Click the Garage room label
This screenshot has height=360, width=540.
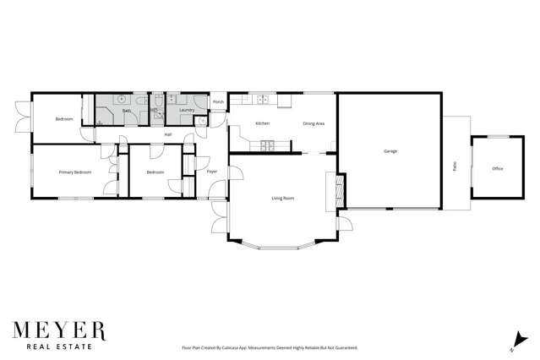tap(390, 151)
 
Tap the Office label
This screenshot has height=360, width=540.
tap(497, 169)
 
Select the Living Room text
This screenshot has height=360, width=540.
tap(282, 199)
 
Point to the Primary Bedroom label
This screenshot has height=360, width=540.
tap(74, 172)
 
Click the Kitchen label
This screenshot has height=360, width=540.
tap(262, 124)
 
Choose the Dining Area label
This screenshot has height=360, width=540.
tap(314, 124)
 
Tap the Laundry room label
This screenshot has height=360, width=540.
tap(187, 110)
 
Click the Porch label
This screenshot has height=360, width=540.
tap(218, 102)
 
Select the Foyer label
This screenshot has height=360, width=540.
tap(212, 172)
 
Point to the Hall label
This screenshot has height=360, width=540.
tap(167, 134)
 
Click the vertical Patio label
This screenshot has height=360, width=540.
tap(455, 166)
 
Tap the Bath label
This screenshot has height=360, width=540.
tap(126, 111)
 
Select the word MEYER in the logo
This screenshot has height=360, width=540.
tap(58, 330)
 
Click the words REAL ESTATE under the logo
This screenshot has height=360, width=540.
tap(58, 346)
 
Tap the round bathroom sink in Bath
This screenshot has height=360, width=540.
tap(121, 99)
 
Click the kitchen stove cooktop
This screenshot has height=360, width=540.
tap(263, 99)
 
